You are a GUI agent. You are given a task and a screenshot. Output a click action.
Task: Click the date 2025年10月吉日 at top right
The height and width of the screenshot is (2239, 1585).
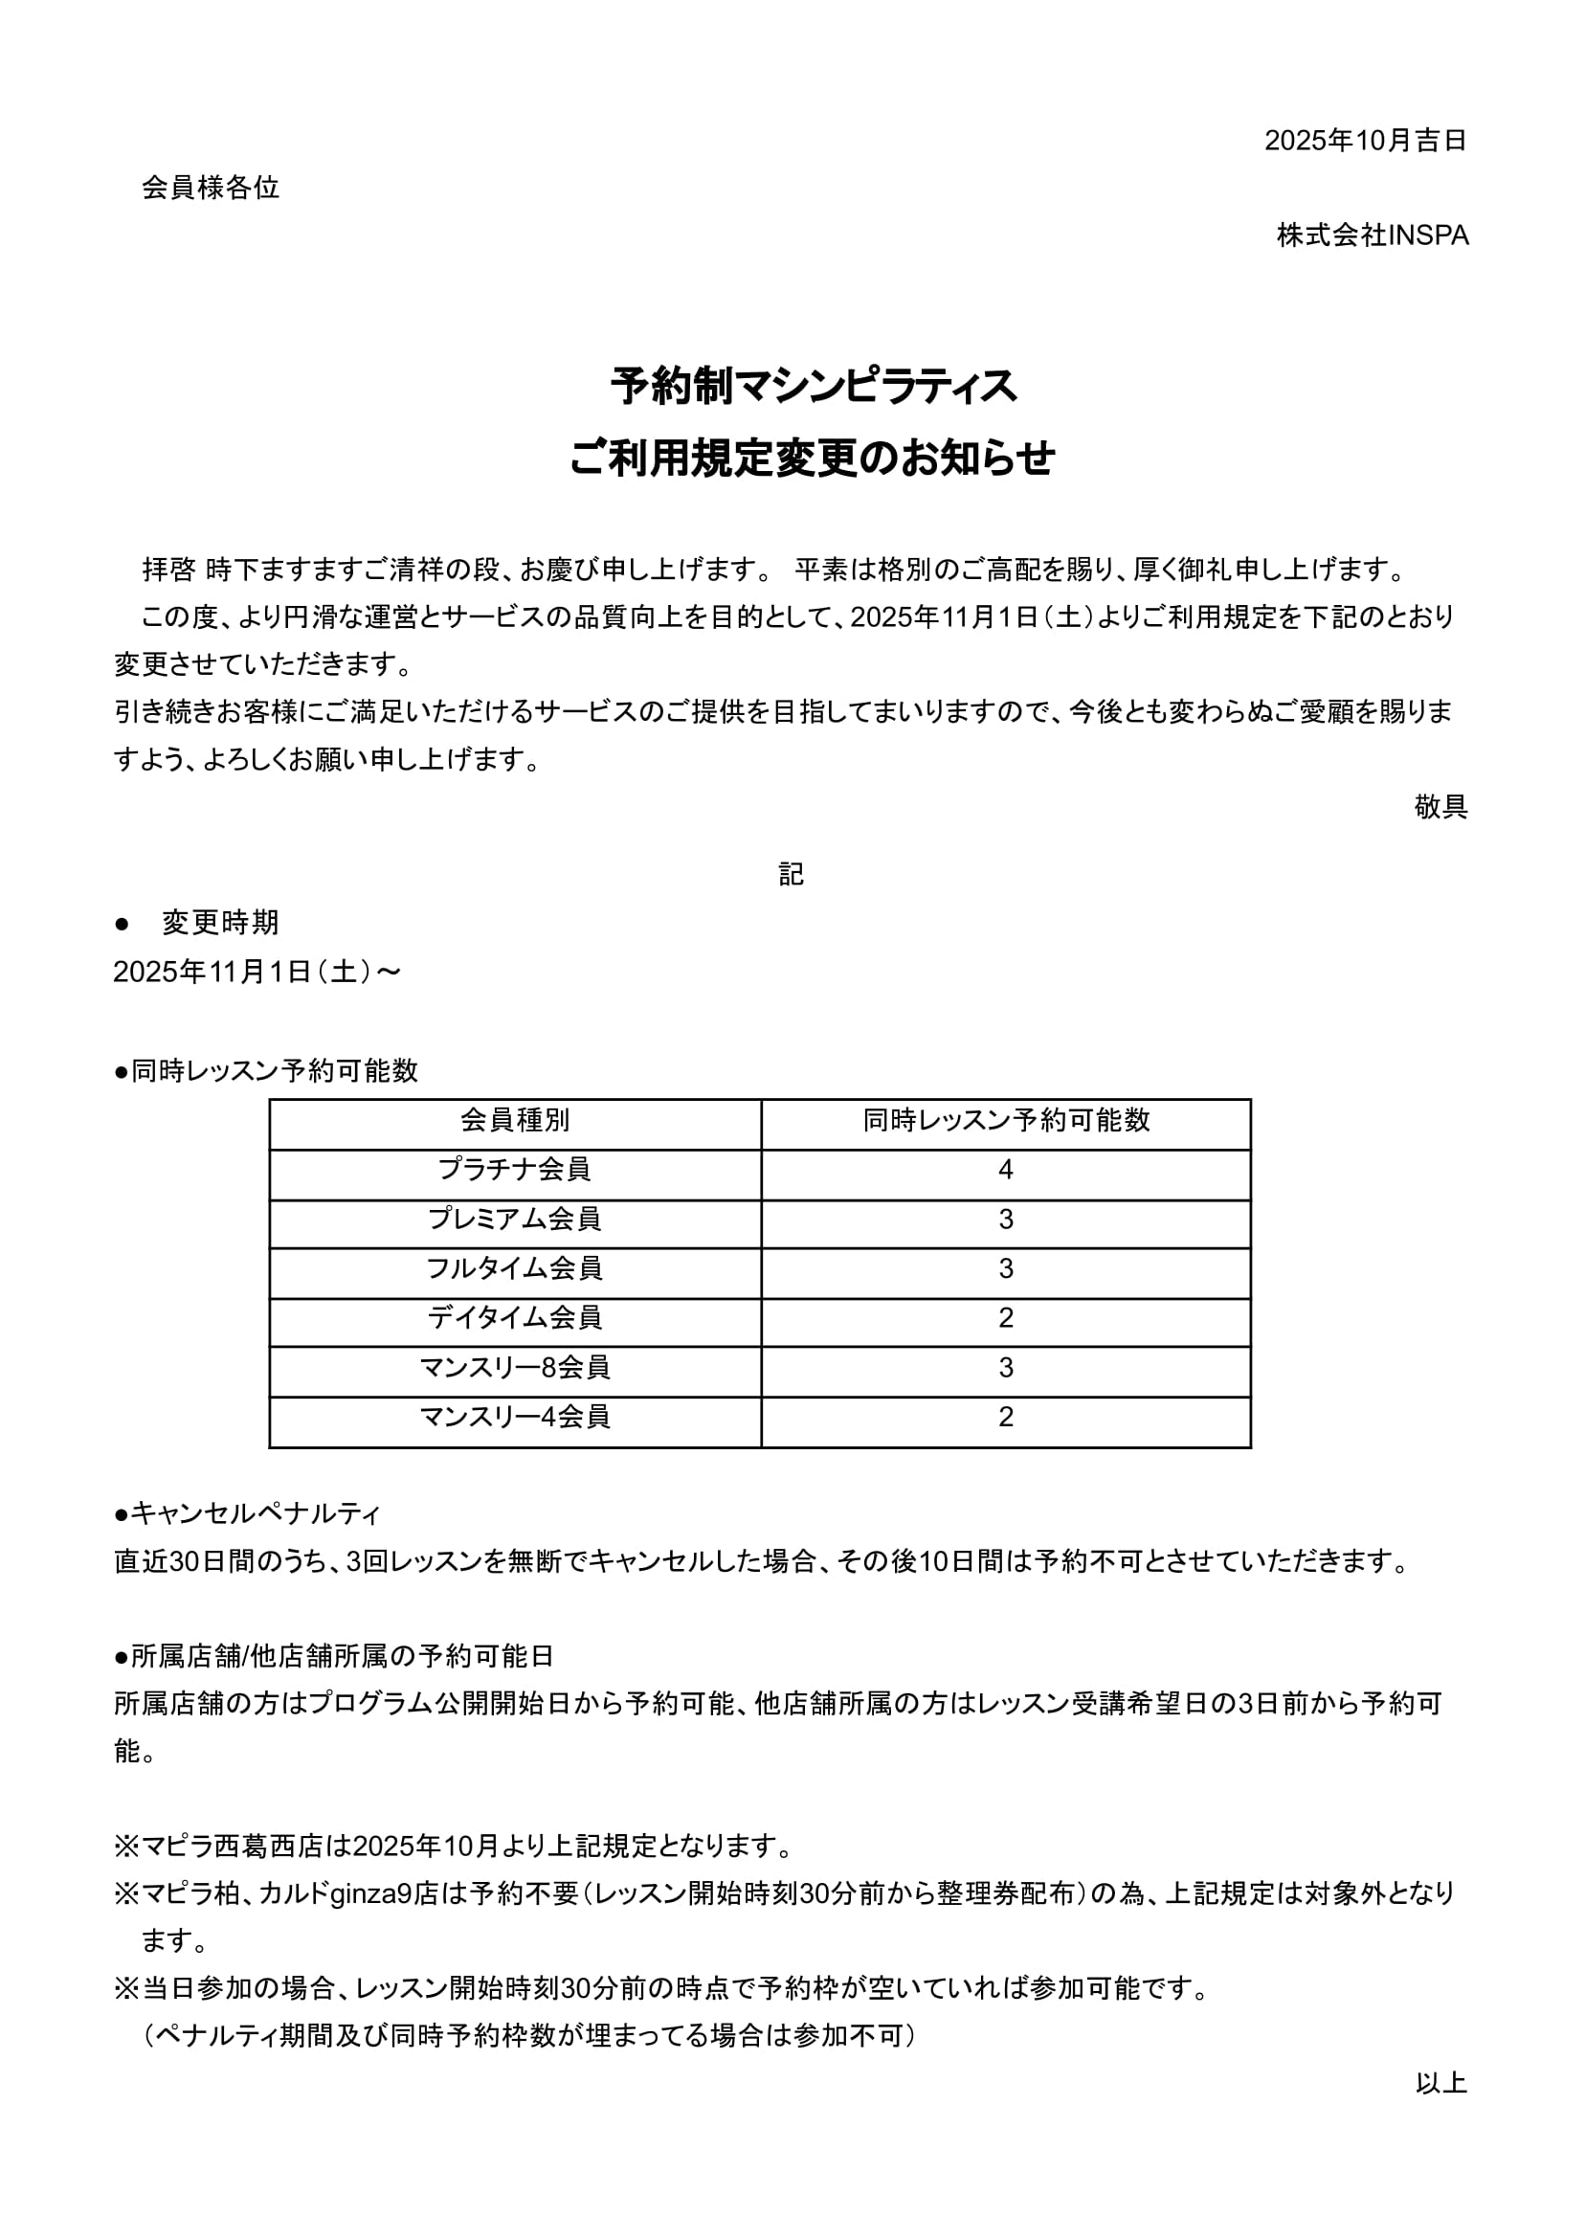pyautogui.click(x=1365, y=141)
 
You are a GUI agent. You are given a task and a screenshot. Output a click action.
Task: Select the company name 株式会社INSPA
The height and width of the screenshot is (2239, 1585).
pyautogui.click(x=1373, y=235)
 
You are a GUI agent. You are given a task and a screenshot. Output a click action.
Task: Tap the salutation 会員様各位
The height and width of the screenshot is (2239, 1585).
pyautogui.click(x=211, y=188)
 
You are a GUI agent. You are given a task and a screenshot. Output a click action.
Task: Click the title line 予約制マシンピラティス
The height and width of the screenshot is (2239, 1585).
pyautogui.click(x=813, y=387)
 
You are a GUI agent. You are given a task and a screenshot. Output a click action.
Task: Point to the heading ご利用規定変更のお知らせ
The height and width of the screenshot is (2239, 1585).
pyautogui.click(x=813, y=458)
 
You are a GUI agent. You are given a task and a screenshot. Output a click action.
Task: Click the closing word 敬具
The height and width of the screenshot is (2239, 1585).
pyautogui.click(x=1440, y=806)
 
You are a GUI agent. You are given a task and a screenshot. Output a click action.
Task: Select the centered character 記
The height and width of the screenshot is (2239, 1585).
pyautogui.click(x=792, y=874)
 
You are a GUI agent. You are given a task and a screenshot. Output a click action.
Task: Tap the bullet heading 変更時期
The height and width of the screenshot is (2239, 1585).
pyautogui.click(x=220, y=923)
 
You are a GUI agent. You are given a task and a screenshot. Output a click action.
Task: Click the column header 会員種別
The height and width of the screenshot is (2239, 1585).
pyautogui.click(x=515, y=1121)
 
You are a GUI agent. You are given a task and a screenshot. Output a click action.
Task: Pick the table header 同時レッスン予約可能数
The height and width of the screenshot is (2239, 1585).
pyautogui.click(x=1006, y=1121)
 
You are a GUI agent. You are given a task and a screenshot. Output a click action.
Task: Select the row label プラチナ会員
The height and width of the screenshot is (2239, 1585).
pyautogui.click(x=515, y=1170)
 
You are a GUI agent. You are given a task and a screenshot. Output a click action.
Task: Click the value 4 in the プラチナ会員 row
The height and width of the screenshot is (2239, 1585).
pyautogui.click(x=1006, y=1170)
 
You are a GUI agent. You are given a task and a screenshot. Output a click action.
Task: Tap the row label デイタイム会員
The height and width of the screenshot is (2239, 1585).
pyautogui.click(x=515, y=1317)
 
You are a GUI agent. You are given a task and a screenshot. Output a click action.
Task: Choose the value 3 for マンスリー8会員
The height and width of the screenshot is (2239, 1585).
pyautogui.click(x=1006, y=1367)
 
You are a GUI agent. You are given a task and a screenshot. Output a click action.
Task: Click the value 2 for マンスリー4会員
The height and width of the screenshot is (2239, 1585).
pyautogui.click(x=1006, y=1417)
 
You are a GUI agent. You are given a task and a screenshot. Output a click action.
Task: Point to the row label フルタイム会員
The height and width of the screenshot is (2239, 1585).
pyautogui.click(x=515, y=1269)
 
